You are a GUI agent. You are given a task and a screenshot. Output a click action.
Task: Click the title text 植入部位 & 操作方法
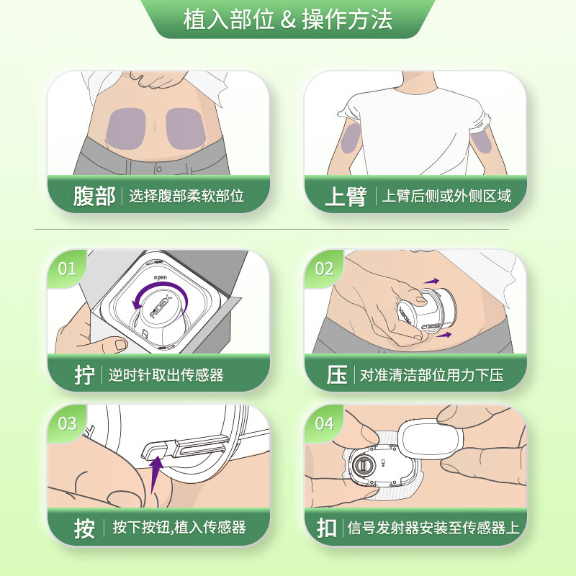pos(288,19)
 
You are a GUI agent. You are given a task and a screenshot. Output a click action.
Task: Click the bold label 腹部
pos(94,197)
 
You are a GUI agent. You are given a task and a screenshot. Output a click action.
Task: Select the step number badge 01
pos(67,269)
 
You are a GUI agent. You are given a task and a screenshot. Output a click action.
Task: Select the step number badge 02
pos(325,269)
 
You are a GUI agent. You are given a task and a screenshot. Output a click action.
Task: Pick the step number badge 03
pos(67,423)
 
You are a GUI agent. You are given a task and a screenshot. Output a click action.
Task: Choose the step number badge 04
pos(325,423)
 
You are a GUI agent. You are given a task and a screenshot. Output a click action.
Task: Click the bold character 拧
pos(84,375)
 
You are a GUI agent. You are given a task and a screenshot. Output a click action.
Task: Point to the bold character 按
pos(84,528)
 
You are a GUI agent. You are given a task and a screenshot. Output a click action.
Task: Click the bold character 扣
pos(328,528)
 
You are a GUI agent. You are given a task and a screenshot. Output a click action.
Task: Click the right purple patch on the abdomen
pos(186,127)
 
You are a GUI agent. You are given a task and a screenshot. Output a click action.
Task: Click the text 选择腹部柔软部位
pos(186,197)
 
